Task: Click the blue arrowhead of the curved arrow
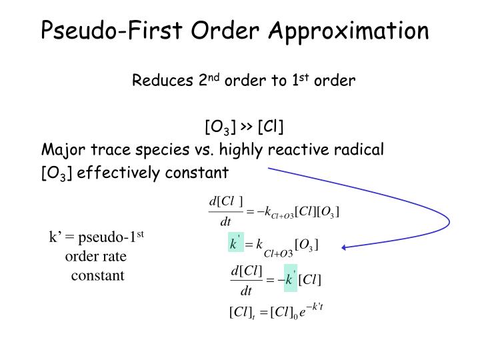click(x=345, y=247)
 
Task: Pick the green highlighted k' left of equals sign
click(x=234, y=244)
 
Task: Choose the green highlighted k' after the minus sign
click(x=289, y=279)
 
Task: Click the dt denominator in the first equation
click(x=225, y=221)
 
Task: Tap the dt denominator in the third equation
click(x=246, y=291)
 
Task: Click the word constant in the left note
click(x=98, y=275)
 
